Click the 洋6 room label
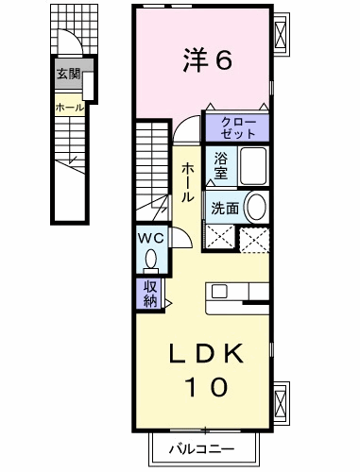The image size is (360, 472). pos(208,59)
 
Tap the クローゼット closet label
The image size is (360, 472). pos(238,128)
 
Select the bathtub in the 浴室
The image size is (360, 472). pos(253,166)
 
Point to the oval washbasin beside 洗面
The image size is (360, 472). pos(256,207)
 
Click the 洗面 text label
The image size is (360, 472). pos(225,208)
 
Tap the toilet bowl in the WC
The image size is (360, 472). pos(151,260)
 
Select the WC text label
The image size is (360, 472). pos(151,238)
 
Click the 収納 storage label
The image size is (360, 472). pos(150,294)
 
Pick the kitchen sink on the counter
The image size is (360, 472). pos(219,291)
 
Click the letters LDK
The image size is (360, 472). pos(206,353)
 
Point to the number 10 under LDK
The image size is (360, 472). pos(206,387)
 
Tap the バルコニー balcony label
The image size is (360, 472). pos(202,448)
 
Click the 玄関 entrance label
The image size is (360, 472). pos(69,75)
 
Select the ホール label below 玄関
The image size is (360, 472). pos(70,108)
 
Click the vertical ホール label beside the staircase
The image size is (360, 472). pos(187,182)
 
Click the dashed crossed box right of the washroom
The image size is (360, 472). pos(254,240)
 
